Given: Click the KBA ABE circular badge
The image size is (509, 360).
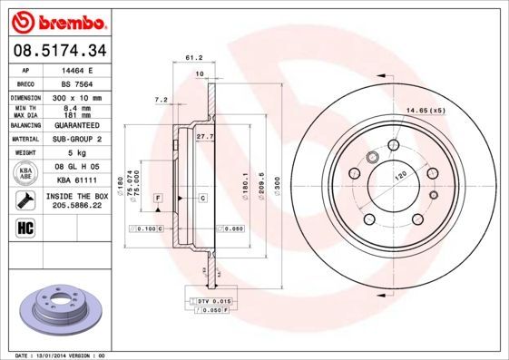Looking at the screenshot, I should tap(26, 171).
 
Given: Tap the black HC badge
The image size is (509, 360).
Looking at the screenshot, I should tap(24, 227).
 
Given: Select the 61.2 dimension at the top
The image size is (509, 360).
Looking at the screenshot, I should tap(192, 57).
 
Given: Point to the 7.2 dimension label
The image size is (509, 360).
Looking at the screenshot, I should tap(162, 99).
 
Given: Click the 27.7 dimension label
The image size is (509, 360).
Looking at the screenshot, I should tap(203, 135).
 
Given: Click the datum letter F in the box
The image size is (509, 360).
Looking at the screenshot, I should tap(158, 197).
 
